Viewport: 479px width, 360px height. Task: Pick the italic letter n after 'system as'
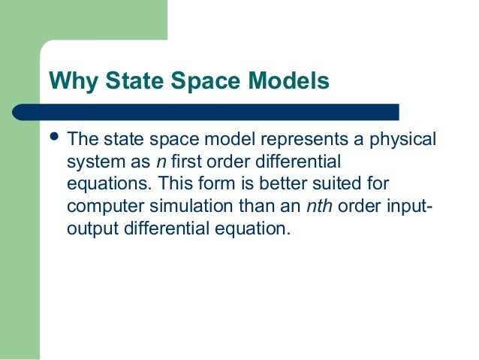161,162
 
